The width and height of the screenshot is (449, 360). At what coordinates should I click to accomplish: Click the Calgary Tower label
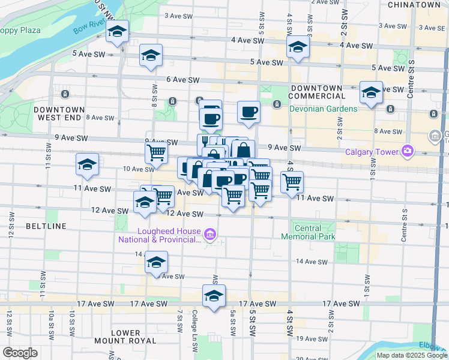(372, 152)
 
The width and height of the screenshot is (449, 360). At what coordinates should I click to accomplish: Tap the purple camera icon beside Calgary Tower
(408, 151)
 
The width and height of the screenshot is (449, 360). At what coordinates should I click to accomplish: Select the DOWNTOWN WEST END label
(59, 114)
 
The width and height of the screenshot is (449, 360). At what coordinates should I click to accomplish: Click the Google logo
(20, 353)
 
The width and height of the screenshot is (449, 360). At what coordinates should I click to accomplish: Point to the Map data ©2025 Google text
(412, 355)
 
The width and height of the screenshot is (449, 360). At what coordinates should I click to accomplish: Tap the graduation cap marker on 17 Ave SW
(214, 296)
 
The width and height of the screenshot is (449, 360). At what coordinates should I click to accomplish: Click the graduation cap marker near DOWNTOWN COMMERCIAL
(371, 92)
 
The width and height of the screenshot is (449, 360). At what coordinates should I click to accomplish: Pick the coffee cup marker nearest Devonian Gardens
(249, 111)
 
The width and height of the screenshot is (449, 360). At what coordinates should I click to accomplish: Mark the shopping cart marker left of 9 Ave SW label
(157, 152)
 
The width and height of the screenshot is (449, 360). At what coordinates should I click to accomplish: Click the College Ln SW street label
(195, 323)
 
